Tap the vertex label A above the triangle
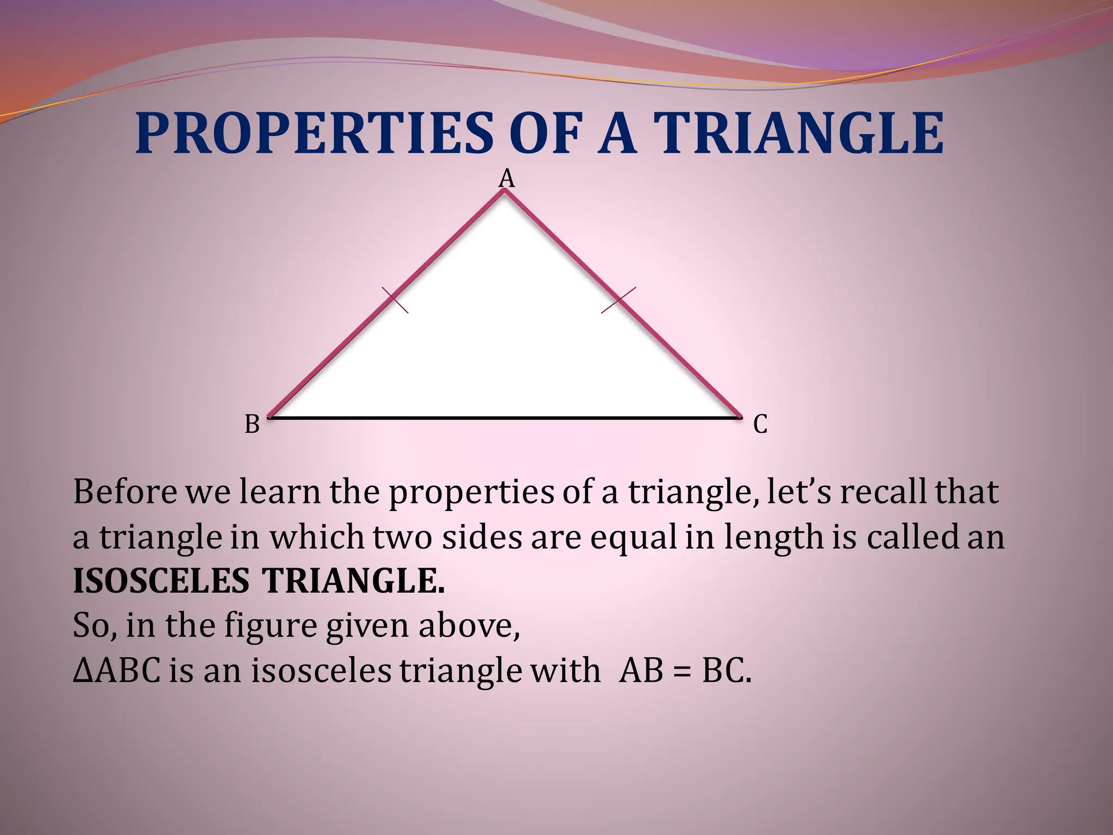point(507,178)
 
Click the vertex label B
point(252,425)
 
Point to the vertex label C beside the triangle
point(760,425)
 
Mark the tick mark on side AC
point(618,300)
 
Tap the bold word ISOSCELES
point(161,581)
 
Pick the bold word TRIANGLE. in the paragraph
point(354,581)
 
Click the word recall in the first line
point(883,492)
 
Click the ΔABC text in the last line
point(117,670)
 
